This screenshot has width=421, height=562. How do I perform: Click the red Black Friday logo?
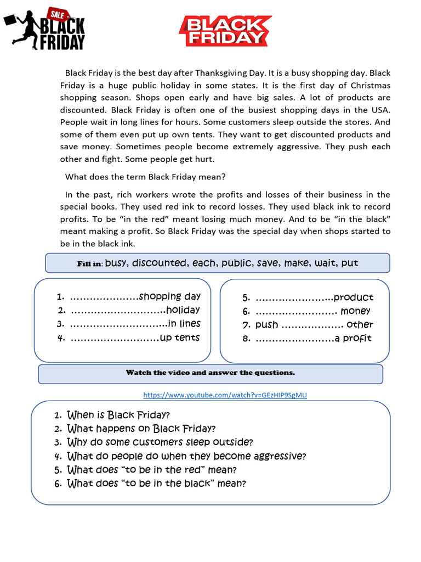(x=225, y=30)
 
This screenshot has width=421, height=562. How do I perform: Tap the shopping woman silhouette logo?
(x=45, y=29)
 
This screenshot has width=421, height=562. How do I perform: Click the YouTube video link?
(x=225, y=395)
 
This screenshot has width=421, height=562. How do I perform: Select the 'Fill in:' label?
(x=89, y=264)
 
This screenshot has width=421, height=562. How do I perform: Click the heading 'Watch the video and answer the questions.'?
(x=210, y=373)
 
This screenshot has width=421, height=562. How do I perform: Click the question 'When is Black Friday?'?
(x=118, y=415)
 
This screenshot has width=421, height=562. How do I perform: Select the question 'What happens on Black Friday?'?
(x=141, y=429)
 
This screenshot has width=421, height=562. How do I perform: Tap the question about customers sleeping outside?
(x=160, y=442)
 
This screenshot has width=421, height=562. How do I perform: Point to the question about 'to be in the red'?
(x=152, y=470)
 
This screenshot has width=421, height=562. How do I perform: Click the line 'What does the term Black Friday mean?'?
(x=145, y=177)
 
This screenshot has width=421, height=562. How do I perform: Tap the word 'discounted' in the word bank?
(x=159, y=263)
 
